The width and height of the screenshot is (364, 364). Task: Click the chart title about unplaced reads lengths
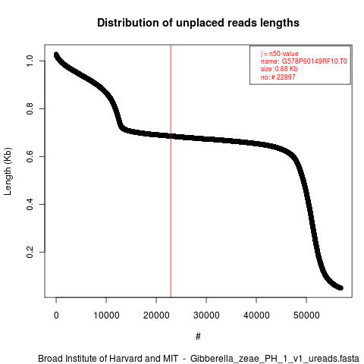(198, 23)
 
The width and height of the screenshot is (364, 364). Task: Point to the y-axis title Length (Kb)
(8, 171)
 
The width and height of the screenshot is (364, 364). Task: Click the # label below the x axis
(198, 337)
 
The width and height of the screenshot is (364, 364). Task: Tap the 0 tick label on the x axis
(56, 315)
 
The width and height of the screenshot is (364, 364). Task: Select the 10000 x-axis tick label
(106, 315)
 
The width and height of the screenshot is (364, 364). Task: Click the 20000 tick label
(156, 315)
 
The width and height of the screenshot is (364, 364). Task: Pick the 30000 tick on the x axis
(206, 315)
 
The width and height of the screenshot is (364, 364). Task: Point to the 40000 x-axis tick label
(256, 315)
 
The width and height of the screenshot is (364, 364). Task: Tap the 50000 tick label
(306, 315)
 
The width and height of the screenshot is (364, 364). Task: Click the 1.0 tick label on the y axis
(30, 61)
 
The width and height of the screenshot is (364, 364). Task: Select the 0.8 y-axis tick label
(30, 108)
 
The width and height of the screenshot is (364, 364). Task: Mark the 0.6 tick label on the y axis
(30, 156)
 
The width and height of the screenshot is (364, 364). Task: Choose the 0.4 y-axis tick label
(30, 204)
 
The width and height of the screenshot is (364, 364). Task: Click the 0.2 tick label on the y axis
(30, 252)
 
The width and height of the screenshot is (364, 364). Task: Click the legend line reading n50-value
(280, 54)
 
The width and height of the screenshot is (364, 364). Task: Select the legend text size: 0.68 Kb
(279, 69)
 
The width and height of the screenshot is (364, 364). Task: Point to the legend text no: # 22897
(278, 77)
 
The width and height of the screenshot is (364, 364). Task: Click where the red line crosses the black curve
(171, 136)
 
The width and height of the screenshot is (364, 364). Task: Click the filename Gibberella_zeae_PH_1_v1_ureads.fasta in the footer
(275, 359)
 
